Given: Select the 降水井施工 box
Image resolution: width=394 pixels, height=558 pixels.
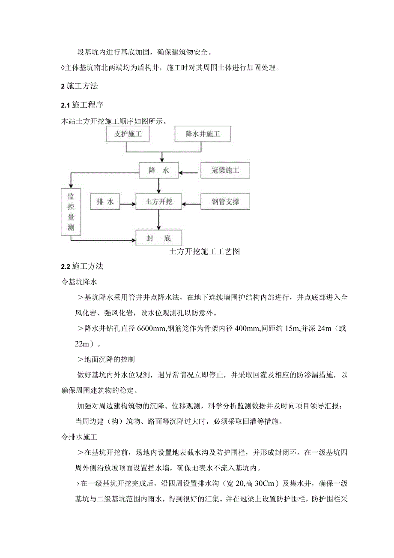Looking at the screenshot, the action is pos(203,134).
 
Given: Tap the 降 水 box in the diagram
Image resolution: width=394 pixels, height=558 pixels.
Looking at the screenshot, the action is pos(159,171).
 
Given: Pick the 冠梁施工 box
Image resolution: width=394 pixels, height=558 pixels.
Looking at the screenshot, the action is pos(225,171).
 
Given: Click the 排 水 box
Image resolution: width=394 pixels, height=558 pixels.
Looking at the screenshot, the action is pos(105,202).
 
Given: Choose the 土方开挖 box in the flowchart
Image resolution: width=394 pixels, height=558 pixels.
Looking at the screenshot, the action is pos(159,202).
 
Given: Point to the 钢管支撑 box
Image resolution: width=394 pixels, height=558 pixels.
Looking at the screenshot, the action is pos(225,202).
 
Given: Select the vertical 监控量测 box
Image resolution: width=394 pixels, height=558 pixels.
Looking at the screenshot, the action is pos(71,212).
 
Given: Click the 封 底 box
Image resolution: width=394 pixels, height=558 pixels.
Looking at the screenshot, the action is pos(159,238).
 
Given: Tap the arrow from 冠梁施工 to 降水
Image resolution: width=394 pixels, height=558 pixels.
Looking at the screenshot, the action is pos(190,173).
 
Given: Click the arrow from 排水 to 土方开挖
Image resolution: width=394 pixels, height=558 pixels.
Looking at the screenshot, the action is pos(128,204).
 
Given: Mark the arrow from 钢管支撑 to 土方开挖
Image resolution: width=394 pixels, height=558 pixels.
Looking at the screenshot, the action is pos(191,204).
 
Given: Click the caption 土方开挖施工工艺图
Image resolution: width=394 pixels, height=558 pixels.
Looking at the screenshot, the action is pos(205,251).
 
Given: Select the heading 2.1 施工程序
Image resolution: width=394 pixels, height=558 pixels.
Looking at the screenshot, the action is pos(82,105).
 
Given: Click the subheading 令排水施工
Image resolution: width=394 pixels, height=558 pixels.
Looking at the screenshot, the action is pos(80,437).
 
